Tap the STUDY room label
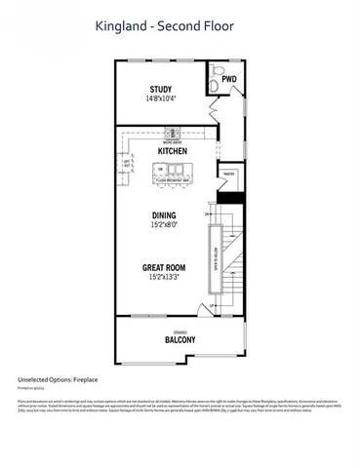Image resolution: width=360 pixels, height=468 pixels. (x=160, y=87)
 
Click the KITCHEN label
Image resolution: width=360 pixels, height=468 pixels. (x=172, y=152)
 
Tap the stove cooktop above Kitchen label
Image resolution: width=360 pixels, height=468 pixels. (x=172, y=134)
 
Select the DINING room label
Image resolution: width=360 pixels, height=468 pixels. (x=163, y=215)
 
